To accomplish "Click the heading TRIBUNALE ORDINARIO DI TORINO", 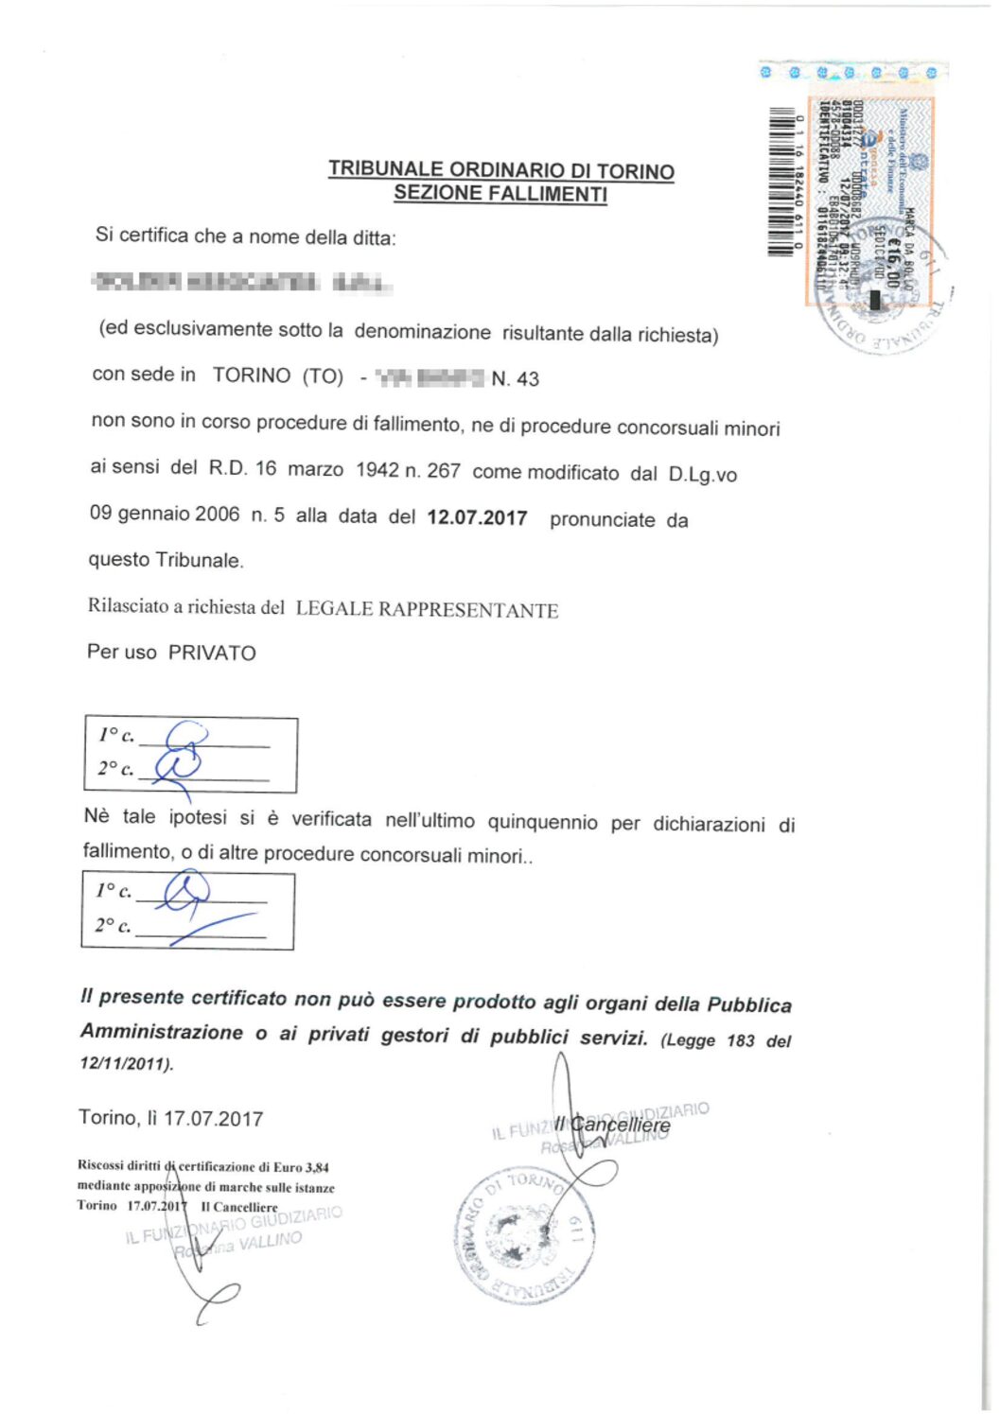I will [500, 170].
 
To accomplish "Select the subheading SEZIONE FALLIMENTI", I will [500, 194].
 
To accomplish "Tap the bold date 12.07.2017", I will [477, 517].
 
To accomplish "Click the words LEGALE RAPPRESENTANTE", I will [427, 610].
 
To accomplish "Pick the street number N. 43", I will [516, 379].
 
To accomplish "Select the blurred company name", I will [242, 282].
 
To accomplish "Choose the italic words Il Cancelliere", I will [613, 1125].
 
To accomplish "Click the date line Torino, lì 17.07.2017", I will [171, 1119].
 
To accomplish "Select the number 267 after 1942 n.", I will [443, 471].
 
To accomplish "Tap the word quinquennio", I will [542, 822].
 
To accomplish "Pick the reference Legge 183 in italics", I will [710, 1040].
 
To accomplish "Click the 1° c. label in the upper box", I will [115, 735].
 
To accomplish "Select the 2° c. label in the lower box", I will [113, 926].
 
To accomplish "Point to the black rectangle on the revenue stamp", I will [875, 300].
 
